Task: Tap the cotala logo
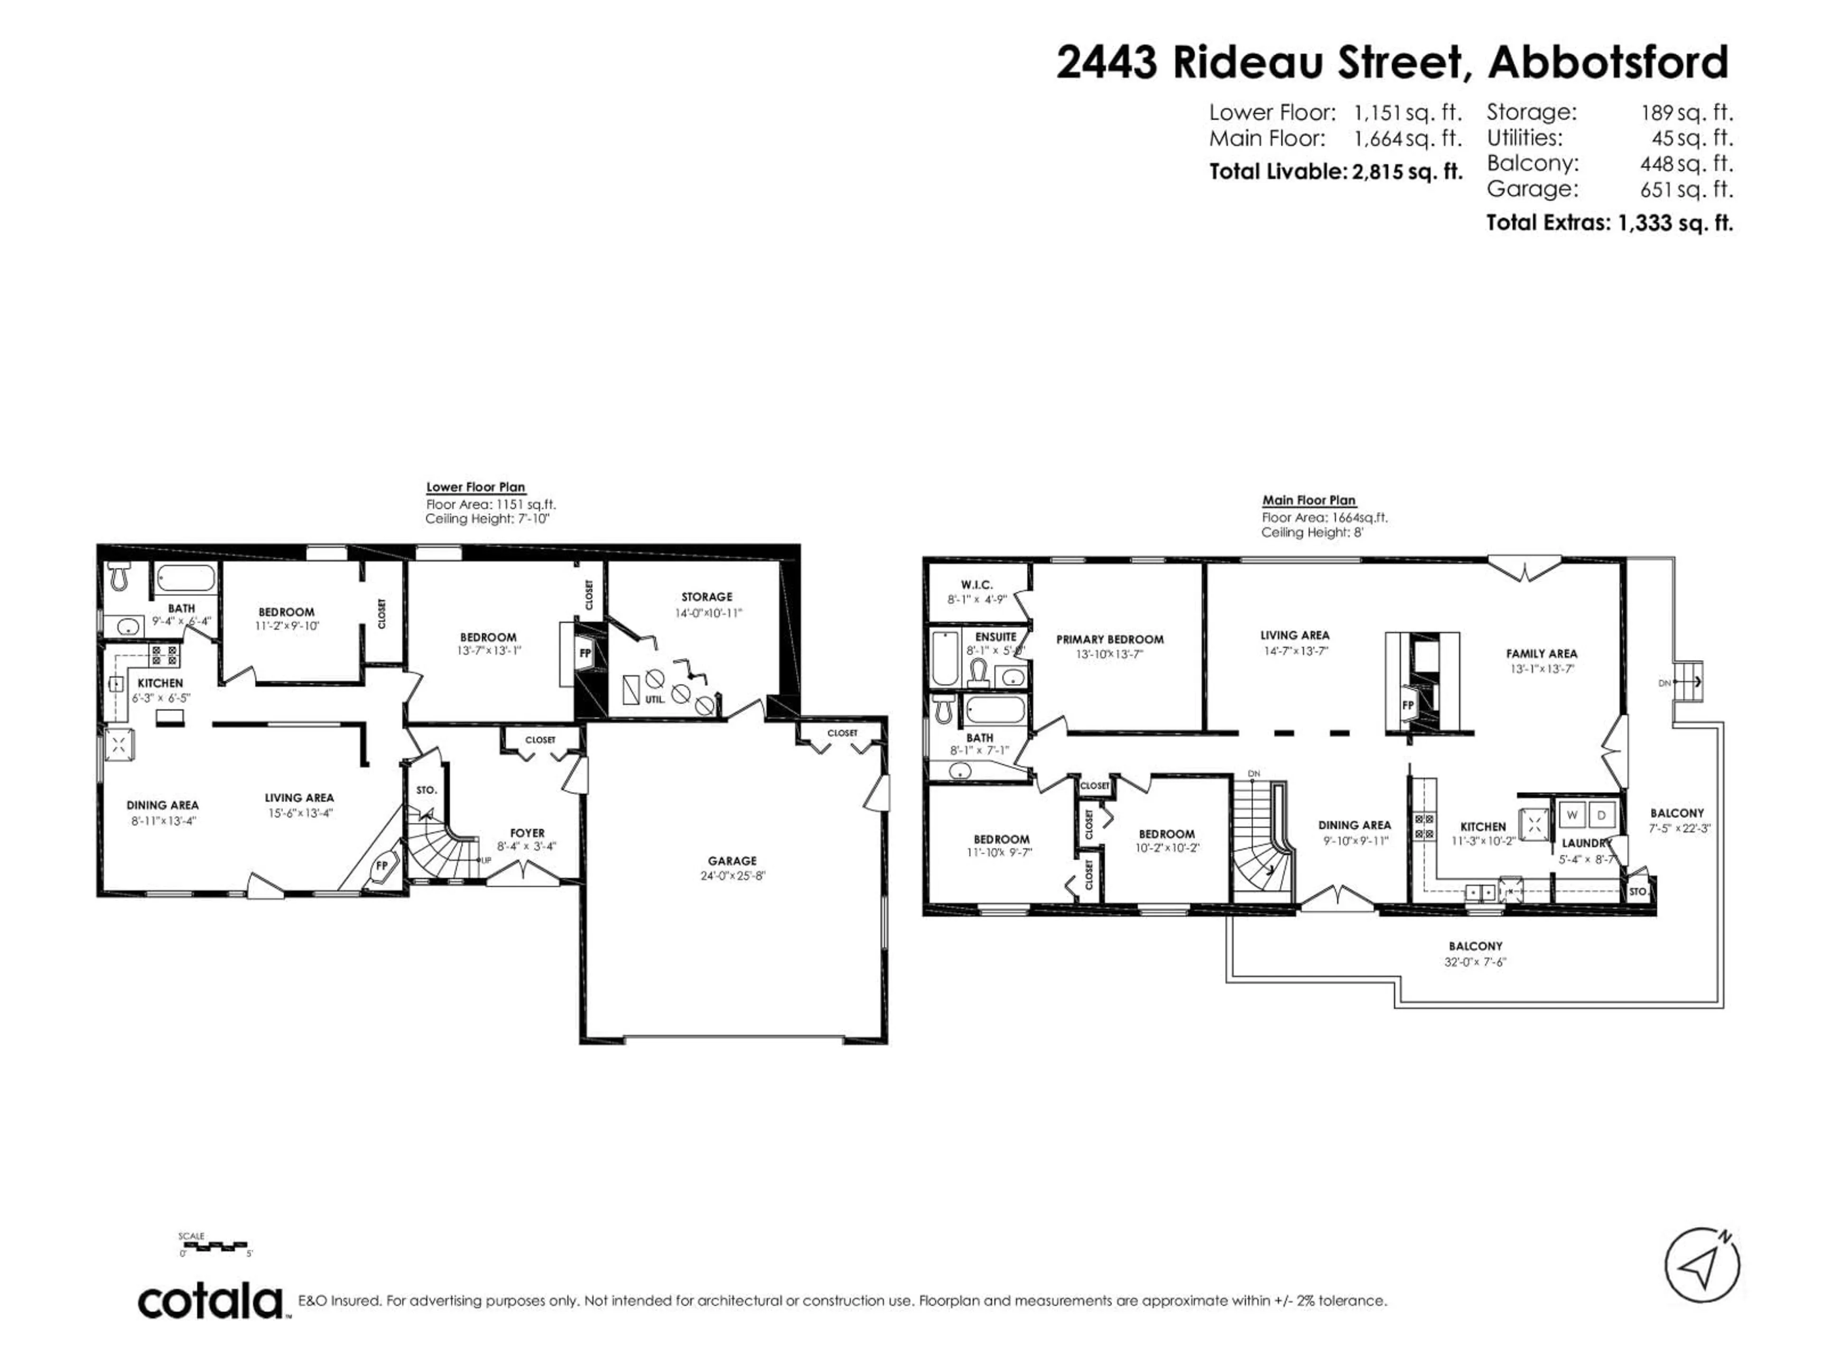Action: tap(210, 1302)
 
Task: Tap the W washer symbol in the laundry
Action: tap(1571, 815)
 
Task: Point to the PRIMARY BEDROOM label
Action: tap(1109, 639)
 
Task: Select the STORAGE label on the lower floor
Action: tap(706, 597)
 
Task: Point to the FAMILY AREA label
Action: tap(1541, 654)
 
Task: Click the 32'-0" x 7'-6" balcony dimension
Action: tap(1474, 962)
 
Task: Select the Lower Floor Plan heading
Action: tap(475, 488)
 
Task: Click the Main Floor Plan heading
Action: tap(1308, 500)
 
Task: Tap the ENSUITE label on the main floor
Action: tap(995, 637)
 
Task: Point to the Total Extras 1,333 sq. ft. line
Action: tap(1608, 222)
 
